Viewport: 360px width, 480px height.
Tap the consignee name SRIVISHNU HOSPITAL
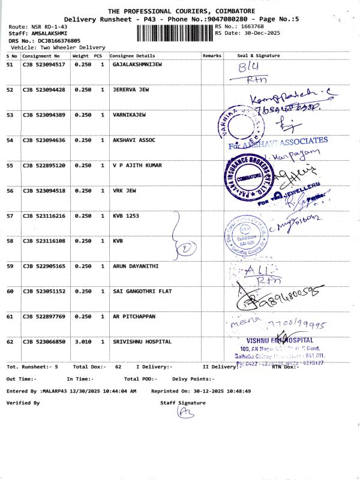pyautogui.click(x=142, y=341)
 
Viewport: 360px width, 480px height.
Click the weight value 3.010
pyautogui.click(x=82, y=341)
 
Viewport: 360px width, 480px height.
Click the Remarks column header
pyautogui.click(x=212, y=56)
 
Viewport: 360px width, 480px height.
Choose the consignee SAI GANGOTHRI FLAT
pyautogui.click(x=142, y=291)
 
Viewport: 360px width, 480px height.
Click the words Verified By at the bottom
pyautogui.click(x=23, y=403)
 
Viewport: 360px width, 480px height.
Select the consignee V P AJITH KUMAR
pyautogui.click(x=137, y=165)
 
